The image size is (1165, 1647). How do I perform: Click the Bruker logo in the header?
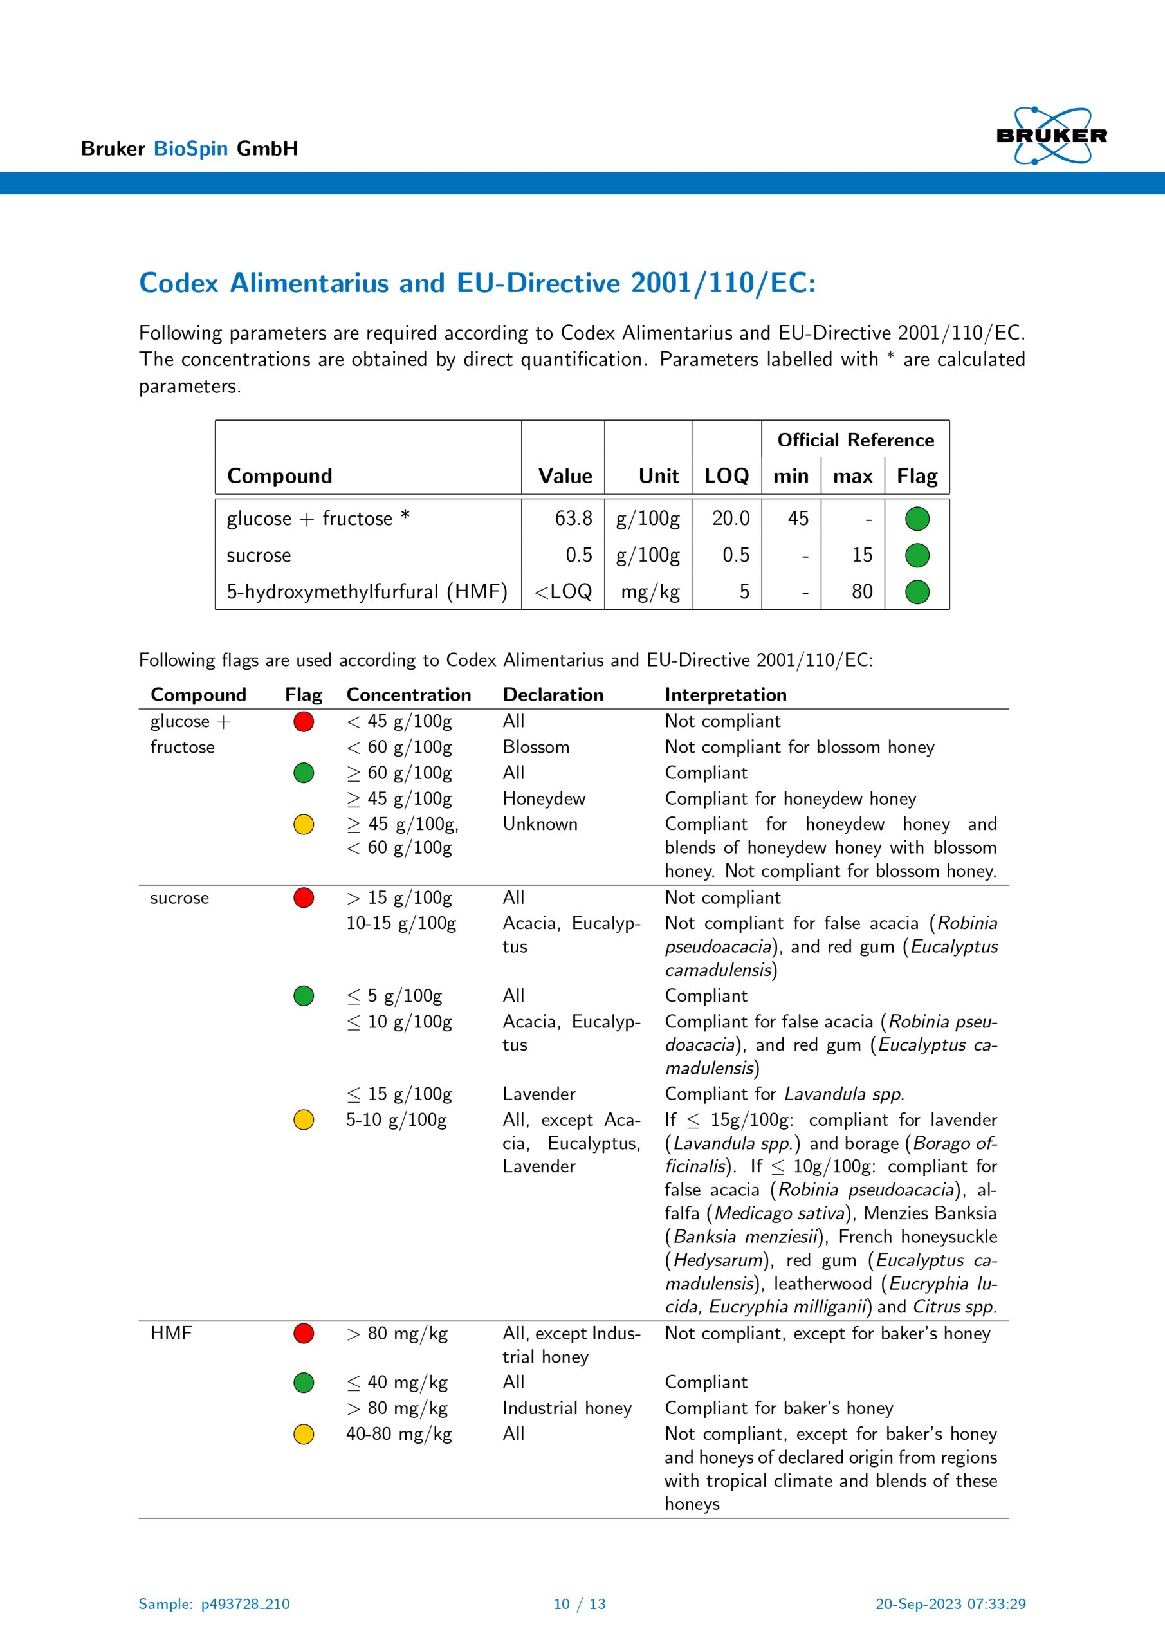1051,136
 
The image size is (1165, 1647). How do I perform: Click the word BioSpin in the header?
190,149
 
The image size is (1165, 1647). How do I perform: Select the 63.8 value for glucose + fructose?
573,519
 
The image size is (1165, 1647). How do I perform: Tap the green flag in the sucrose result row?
917,555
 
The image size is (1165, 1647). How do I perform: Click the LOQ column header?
726,475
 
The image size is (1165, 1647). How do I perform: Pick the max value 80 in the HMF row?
861,592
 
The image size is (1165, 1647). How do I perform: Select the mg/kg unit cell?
650,592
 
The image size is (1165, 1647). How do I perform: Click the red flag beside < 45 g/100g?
304,721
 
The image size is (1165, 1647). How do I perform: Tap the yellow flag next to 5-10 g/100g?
304,1119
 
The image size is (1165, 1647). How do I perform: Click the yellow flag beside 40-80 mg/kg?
304,1434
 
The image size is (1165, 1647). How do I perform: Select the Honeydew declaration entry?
544,798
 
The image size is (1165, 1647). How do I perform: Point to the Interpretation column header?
725,694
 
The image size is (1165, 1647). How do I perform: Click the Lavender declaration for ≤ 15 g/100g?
538,1094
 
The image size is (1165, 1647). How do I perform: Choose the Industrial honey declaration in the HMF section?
567,1408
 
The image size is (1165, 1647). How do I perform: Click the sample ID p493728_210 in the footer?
244,1604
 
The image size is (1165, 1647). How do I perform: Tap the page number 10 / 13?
580,1604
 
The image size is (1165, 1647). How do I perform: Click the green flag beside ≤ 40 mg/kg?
304,1383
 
